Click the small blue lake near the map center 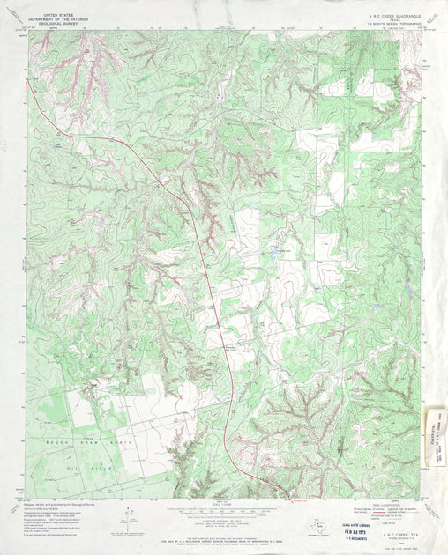277,252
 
